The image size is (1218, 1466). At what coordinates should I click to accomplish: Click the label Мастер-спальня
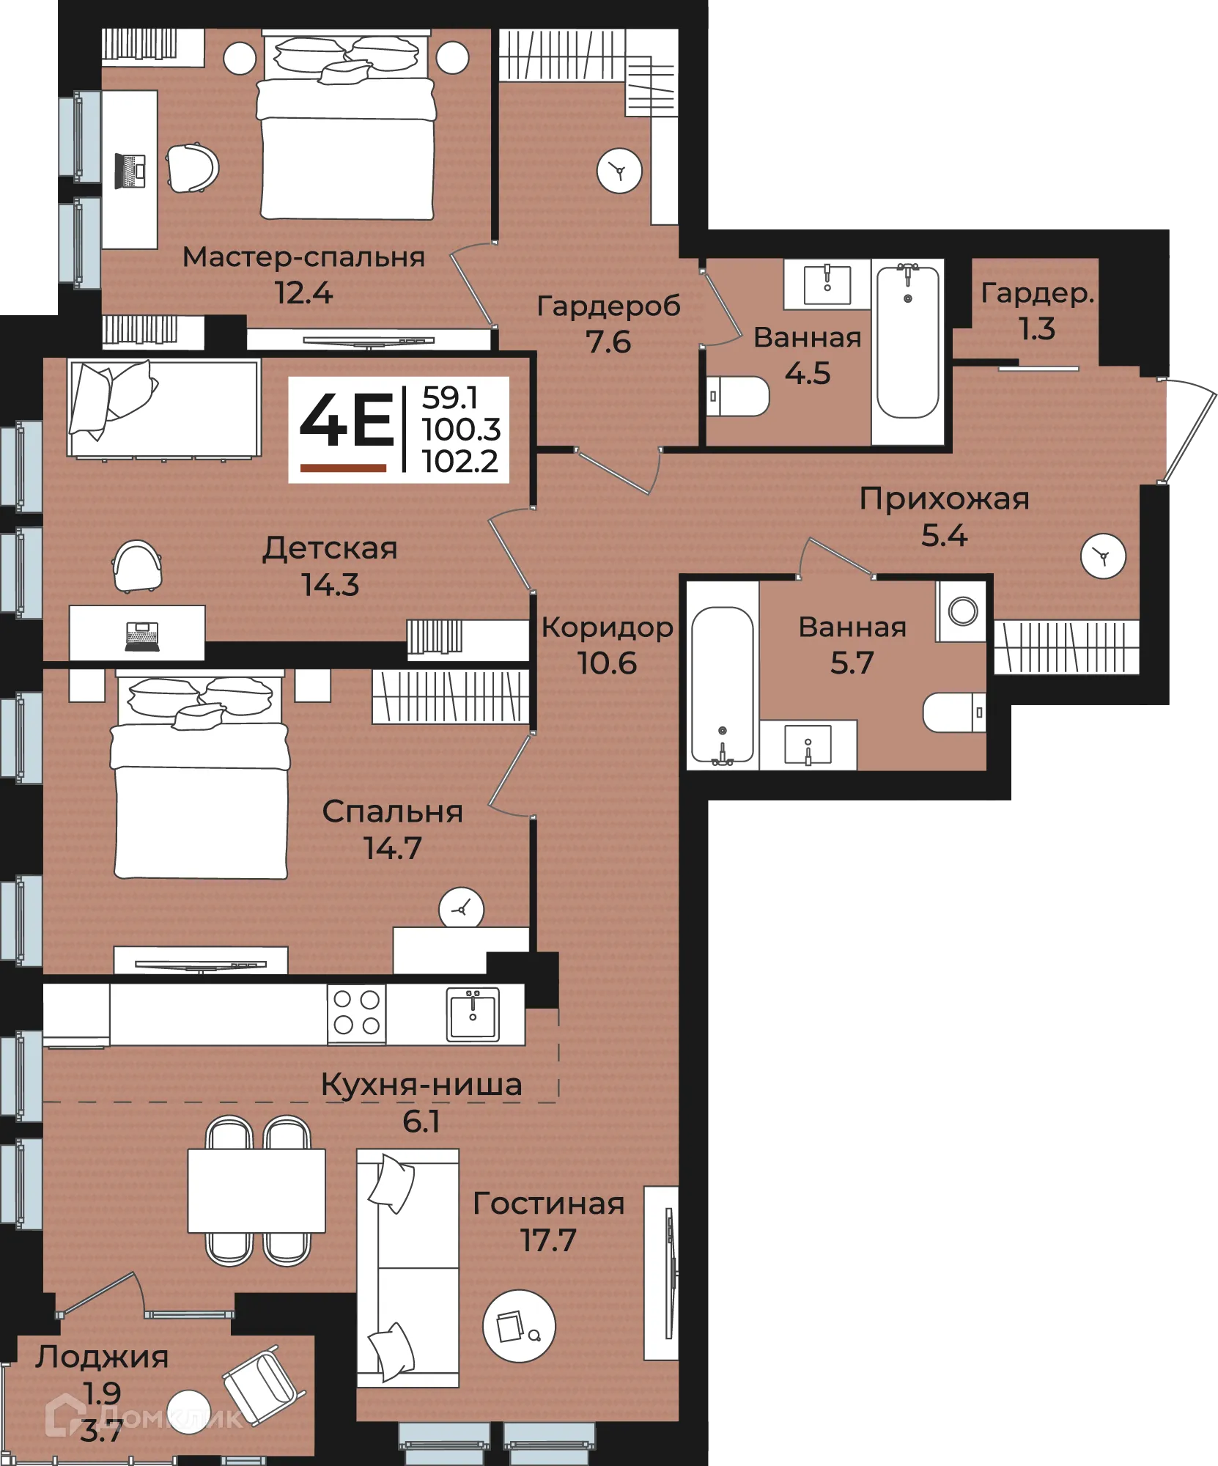tap(303, 257)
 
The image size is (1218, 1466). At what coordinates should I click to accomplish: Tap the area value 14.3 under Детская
tap(331, 585)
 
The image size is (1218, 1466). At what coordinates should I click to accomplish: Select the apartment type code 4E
tap(347, 419)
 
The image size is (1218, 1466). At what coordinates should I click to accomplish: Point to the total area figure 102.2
tap(460, 461)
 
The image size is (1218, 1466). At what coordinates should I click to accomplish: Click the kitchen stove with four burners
tap(357, 1014)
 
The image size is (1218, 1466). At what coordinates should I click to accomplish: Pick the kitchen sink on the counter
tap(473, 1014)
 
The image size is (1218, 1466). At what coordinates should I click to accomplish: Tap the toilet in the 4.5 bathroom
tap(737, 397)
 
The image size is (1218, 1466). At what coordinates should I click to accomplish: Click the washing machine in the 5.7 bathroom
tap(962, 611)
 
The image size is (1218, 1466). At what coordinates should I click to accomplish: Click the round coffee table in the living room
tap(519, 1326)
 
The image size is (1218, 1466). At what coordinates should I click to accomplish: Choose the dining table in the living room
tap(256, 1191)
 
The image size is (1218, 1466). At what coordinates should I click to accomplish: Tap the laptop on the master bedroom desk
tap(130, 171)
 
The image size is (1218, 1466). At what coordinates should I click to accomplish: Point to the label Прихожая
tap(944, 498)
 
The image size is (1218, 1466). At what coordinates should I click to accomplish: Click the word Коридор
tap(608, 628)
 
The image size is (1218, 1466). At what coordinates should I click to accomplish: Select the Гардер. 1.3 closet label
tap(1038, 311)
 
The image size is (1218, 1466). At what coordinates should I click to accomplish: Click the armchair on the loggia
tap(264, 1385)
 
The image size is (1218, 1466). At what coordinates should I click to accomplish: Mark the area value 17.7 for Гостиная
tap(548, 1241)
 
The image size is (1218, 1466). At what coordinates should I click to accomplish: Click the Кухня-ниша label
tap(421, 1085)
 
